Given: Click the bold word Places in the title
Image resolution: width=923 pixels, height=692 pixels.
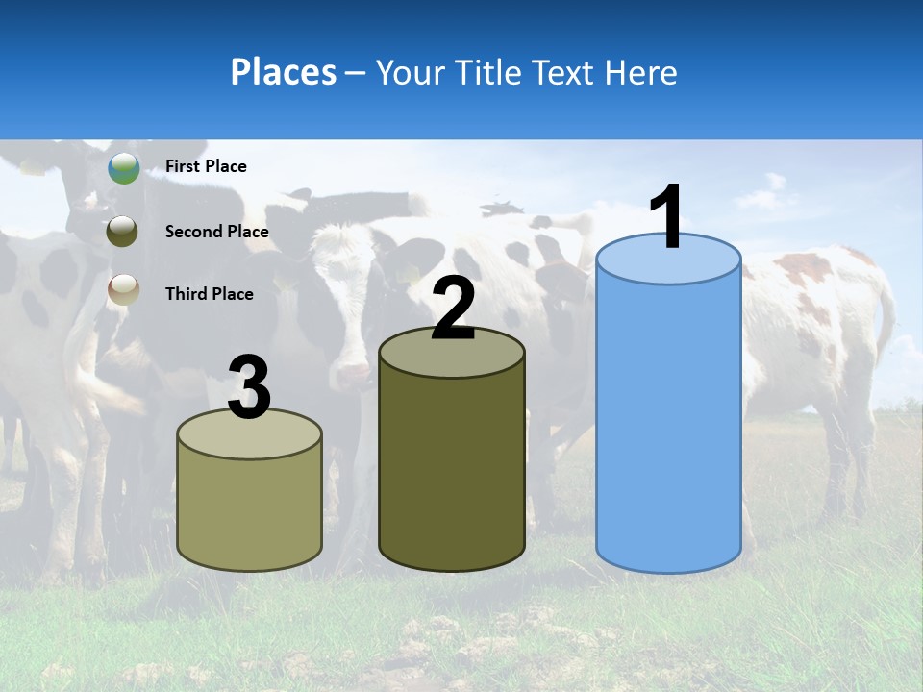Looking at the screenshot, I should pyautogui.click(x=284, y=72).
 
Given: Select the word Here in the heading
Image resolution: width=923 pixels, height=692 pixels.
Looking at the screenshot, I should pyautogui.click(x=641, y=72).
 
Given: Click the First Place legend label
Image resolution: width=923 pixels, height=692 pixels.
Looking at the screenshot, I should pyautogui.click(x=206, y=166).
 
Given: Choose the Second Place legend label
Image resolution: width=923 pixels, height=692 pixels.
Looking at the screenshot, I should pyautogui.click(x=216, y=232).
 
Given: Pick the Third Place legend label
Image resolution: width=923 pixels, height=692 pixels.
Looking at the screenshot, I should pyautogui.click(x=209, y=294).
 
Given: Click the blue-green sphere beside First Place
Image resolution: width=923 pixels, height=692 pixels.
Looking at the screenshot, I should pyautogui.click(x=124, y=168).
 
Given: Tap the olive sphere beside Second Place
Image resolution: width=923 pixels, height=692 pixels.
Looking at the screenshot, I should pyautogui.click(x=122, y=232).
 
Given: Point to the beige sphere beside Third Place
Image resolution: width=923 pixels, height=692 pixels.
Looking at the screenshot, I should pyautogui.click(x=124, y=289).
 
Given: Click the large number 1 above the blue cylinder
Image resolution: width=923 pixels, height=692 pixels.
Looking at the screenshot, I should pyautogui.click(x=667, y=216).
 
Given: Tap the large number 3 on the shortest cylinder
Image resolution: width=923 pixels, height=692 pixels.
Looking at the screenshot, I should pyautogui.click(x=250, y=387).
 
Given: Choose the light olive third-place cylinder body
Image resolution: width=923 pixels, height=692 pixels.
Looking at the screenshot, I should pyautogui.click(x=250, y=509).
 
